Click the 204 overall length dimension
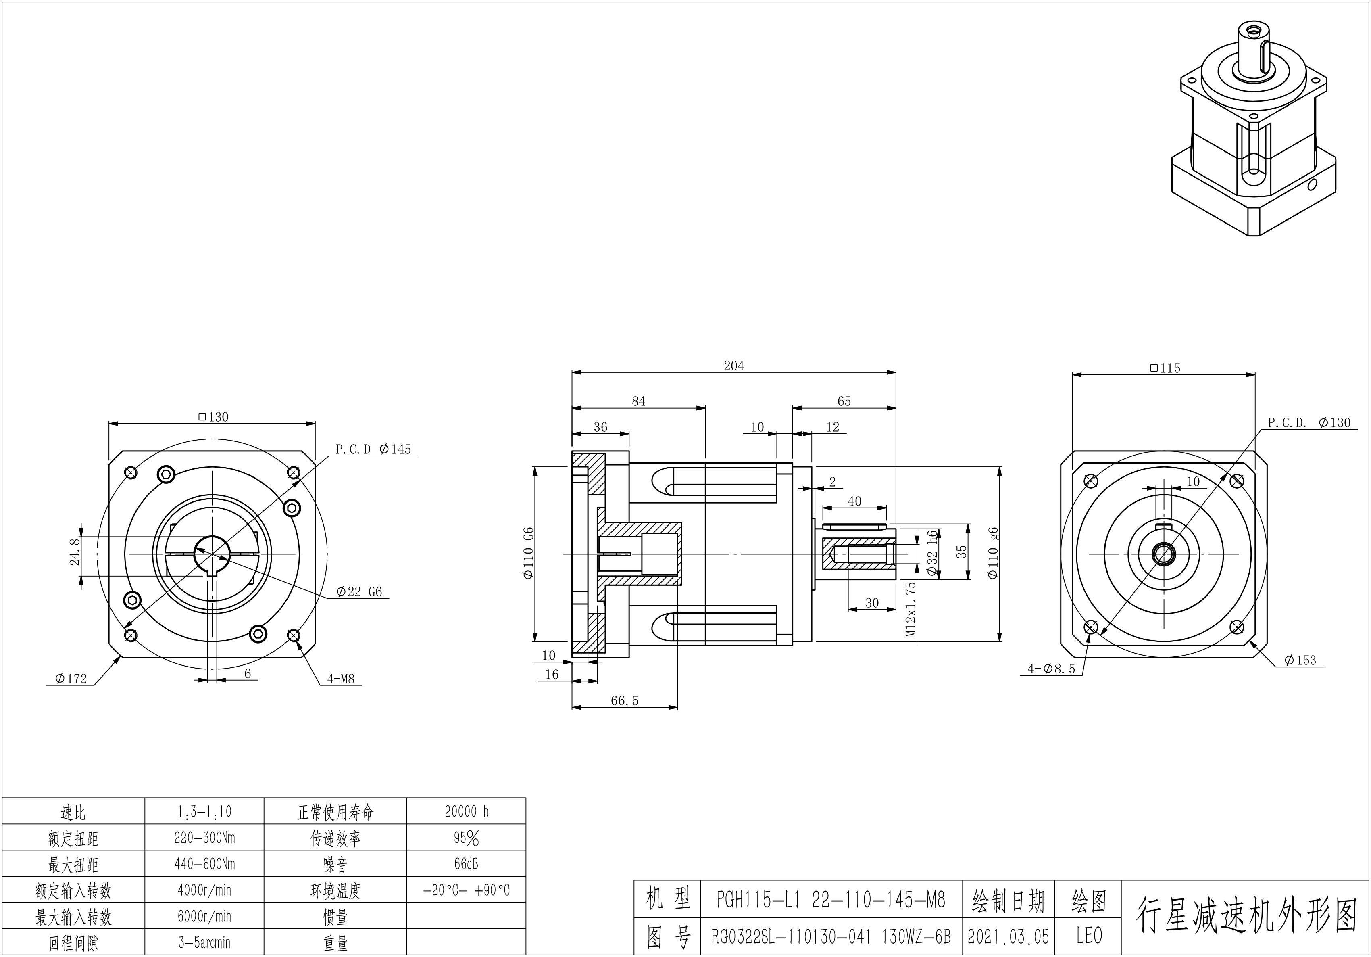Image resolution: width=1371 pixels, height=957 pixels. pyautogui.click(x=734, y=366)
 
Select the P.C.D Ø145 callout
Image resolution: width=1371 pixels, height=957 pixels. pyautogui.click(x=373, y=449)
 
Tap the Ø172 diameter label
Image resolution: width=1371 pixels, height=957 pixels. pyautogui.click(x=71, y=679)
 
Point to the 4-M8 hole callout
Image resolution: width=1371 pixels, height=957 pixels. pyautogui.click(x=340, y=679)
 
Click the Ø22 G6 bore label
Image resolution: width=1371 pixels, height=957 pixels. pyautogui.click(x=358, y=591)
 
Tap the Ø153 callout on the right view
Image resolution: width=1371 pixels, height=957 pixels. pyautogui.click(x=1300, y=660)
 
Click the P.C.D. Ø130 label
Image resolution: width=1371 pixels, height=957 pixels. pyautogui.click(x=1309, y=422)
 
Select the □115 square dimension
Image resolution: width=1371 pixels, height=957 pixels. pyautogui.click(x=1165, y=368)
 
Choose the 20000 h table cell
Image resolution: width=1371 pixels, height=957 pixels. pyautogui.click(x=467, y=811)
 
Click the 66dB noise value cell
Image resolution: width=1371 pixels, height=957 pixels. pyautogui.click(x=467, y=864)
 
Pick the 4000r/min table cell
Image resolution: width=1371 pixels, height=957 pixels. pyautogui.click(x=204, y=890)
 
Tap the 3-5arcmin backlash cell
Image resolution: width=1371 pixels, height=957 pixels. pyautogui.click(x=204, y=942)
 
